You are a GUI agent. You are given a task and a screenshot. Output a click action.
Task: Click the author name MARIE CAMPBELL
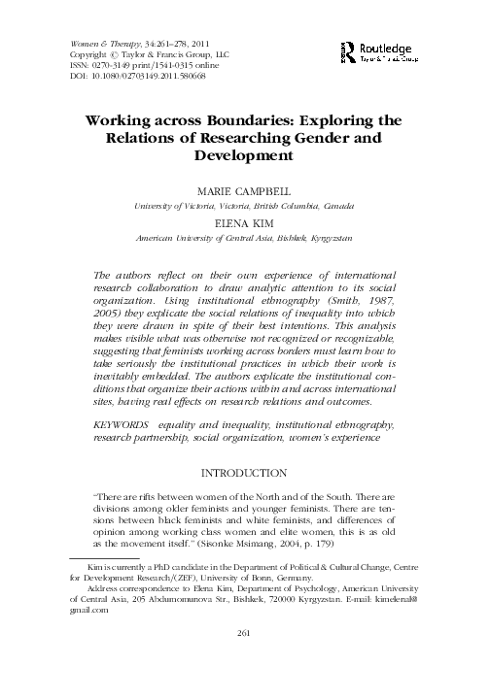pyautogui.click(x=244, y=193)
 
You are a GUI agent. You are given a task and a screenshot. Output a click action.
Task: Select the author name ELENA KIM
pyautogui.click(x=244, y=223)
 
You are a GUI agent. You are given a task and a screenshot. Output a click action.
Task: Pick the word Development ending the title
pyautogui.click(x=244, y=154)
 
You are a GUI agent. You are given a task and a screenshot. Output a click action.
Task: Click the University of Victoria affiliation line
pyautogui.click(x=244, y=207)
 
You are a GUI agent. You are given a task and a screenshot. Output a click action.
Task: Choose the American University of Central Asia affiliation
pyautogui.click(x=244, y=237)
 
